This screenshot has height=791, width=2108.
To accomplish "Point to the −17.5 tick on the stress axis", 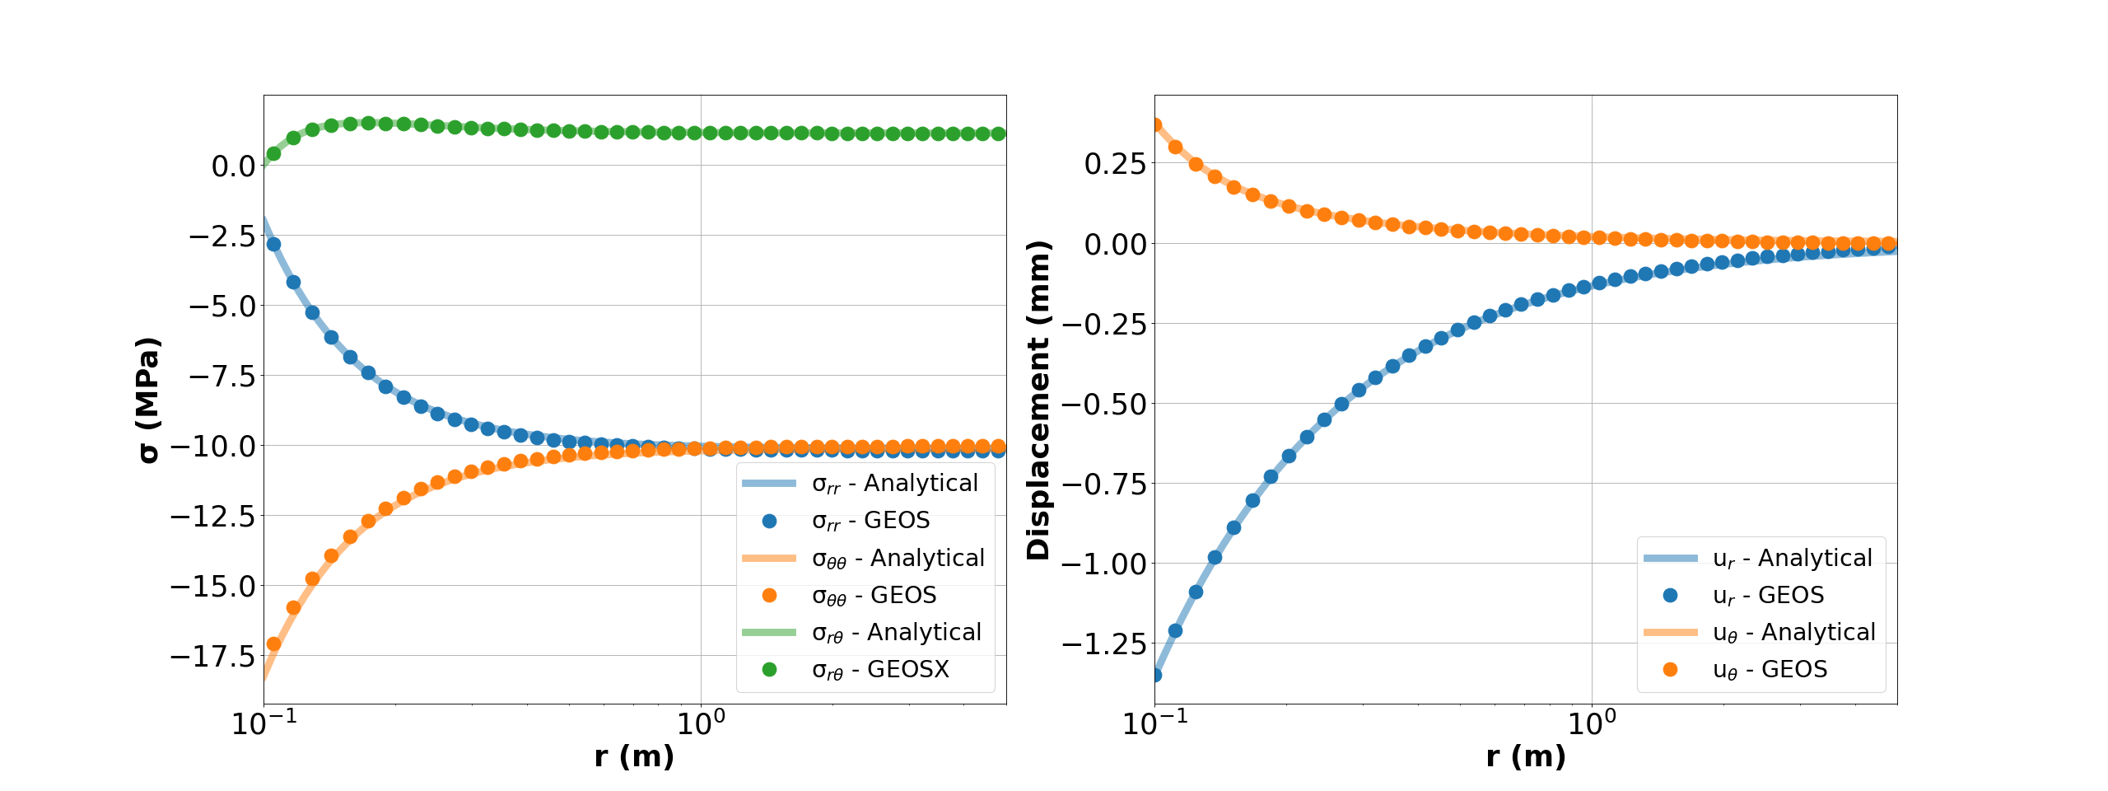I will click(212, 657).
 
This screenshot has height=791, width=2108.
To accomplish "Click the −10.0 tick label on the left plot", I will click(212, 447).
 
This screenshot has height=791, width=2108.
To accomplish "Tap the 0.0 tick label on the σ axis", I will click(233, 166).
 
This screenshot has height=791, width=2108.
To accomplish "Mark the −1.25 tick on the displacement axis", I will click(1103, 644).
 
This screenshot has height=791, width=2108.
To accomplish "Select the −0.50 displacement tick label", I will click(1103, 405).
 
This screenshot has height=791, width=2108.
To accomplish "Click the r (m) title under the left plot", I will click(634, 756).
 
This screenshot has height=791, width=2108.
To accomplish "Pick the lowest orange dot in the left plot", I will click(273, 644).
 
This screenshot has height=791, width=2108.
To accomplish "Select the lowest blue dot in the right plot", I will click(1155, 675).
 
